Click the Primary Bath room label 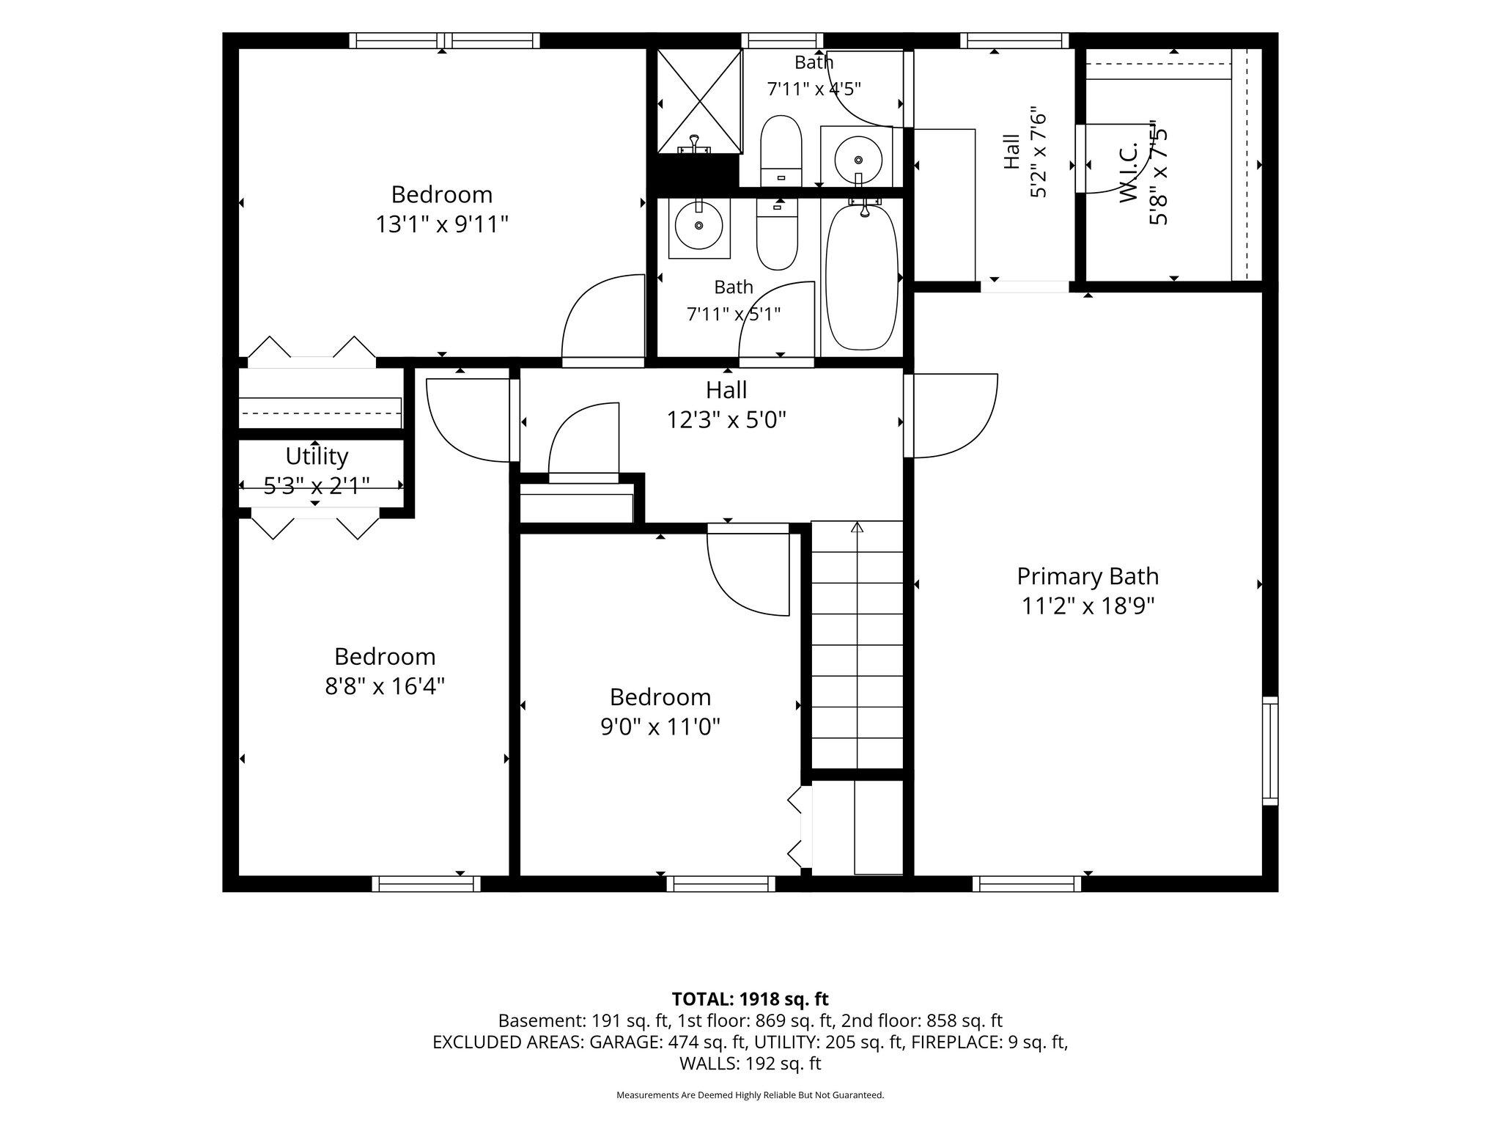point(1088,576)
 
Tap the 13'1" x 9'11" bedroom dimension point(442,224)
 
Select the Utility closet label point(317,456)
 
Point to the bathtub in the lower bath point(861,279)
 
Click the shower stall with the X point(699,101)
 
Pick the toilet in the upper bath point(781,151)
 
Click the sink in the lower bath point(698,228)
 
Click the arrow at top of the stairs point(857,526)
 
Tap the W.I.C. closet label point(1129,174)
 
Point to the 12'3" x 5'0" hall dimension point(726,420)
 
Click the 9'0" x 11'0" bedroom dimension point(660,727)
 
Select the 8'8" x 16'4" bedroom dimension point(386,686)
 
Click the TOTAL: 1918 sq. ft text point(750,998)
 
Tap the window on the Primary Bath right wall point(1270,751)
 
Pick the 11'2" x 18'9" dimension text point(1088,606)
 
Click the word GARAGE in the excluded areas point(623,1042)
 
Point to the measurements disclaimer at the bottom point(750,1095)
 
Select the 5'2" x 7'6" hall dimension point(1039,154)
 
